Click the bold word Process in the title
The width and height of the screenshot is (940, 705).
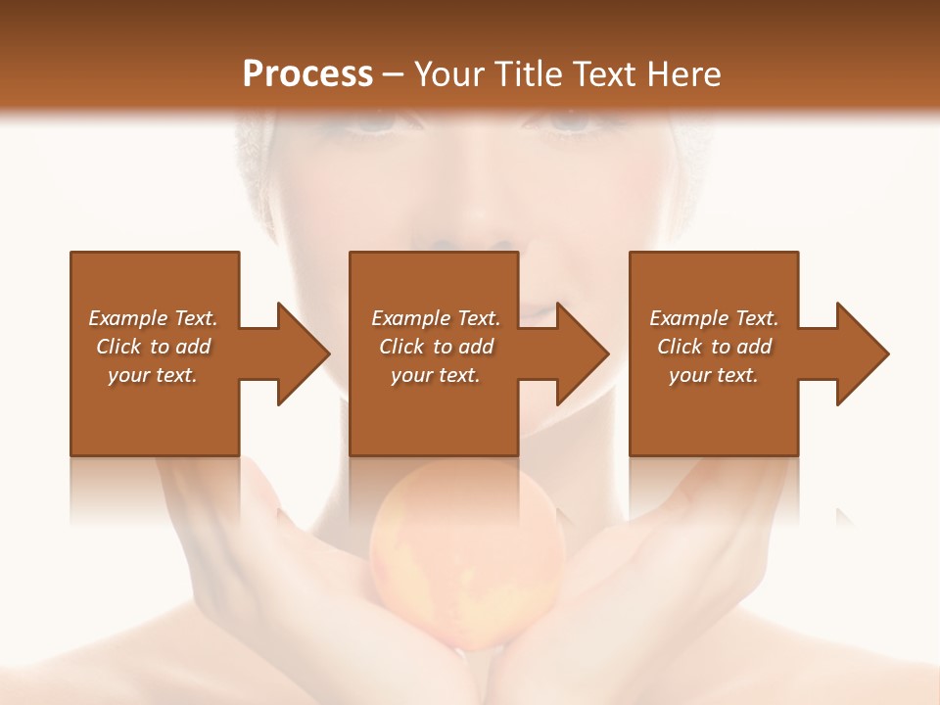(x=307, y=74)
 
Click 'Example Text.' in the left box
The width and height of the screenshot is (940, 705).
(x=153, y=318)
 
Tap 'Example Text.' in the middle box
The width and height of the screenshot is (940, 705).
(x=435, y=318)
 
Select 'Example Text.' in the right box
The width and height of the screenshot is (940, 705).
(x=714, y=318)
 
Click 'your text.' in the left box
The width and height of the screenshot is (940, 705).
(x=153, y=375)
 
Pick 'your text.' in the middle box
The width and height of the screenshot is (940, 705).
(x=435, y=375)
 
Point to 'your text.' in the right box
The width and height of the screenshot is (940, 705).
(x=714, y=375)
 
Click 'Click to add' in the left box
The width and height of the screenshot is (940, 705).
(x=153, y=347)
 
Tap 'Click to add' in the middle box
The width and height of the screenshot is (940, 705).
(x=435, y=347)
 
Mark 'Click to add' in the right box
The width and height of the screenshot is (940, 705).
(x=714, y=347)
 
